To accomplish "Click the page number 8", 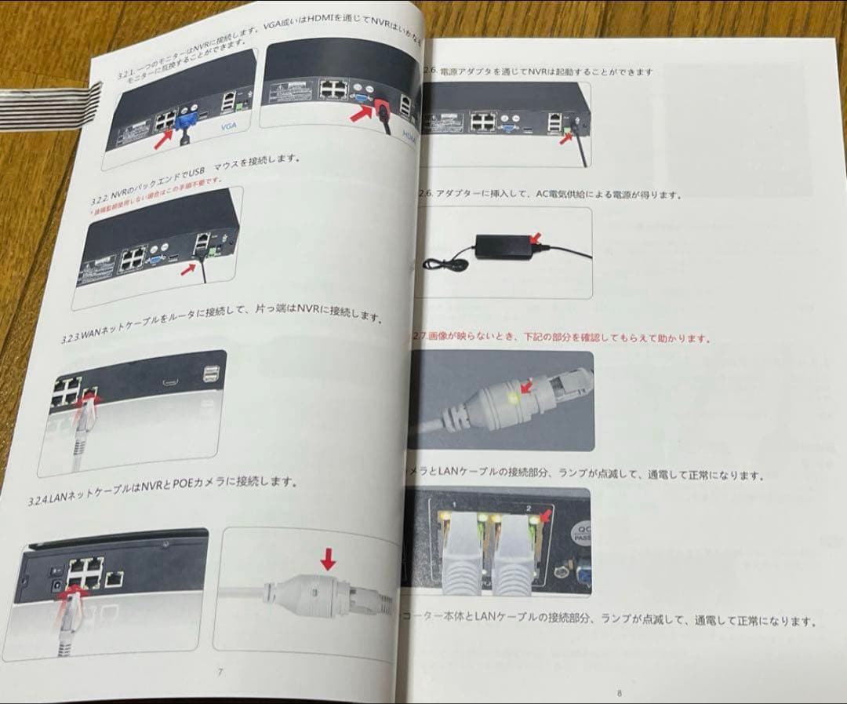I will point(618,693).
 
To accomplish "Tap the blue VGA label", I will point(229,125).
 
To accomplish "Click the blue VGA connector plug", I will point(187,121).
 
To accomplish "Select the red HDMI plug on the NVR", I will point(384,111).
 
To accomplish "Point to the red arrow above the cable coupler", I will point(329,560).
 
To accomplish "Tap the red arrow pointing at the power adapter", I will point(535,236).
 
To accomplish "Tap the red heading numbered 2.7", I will point(561,338).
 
